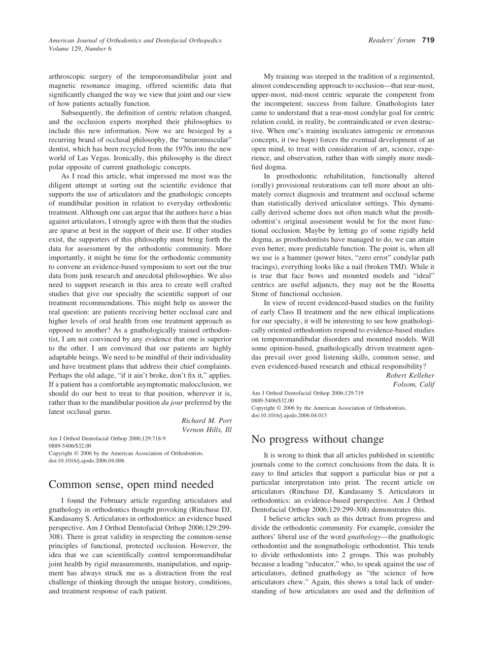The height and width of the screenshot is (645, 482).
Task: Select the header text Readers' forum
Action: [392, 40]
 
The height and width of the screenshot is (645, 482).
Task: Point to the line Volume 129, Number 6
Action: [80, 49]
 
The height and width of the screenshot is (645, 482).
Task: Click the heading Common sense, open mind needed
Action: [131, 484]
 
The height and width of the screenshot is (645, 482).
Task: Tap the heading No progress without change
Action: [318, 439]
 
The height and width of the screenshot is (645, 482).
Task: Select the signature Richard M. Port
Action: [206, 420]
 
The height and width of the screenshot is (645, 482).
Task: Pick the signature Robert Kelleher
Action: [410, 375]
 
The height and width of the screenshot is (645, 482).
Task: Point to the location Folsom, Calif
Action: [414, 384]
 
